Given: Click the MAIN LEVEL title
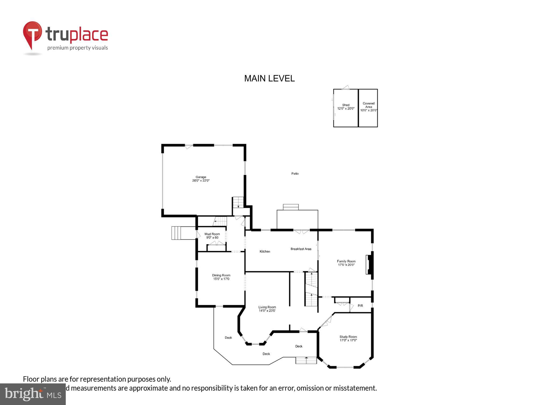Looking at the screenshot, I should pyautogui.click(x=269, y=79).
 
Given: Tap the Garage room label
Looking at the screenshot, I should pyautogui.click(x=201, y=179).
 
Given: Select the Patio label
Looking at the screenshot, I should pyautogui.click(x=295, y=174).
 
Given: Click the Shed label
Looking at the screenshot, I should pyautogui.click(x=346, y=107).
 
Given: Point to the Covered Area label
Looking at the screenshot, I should pyautogui.click(x=368, y=107).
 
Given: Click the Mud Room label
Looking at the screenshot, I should pyautogui.click(x=212, y=236).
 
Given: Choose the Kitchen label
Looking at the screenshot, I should pyautogui.click(x=265, y=251).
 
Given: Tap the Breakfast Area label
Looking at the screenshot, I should pyautogui.click(x=301, y=249).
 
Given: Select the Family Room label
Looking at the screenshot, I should pyautogui.click(x=346, y=263).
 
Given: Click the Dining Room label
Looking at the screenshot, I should pyautogui.click(x=221, y=277).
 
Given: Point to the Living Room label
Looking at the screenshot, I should pyautogui.click(x=267, y=309).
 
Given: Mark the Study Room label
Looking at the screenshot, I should pyautogui.click(x=348, y=338).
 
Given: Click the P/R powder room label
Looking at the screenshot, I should pyautogui.click(x=360, y=306).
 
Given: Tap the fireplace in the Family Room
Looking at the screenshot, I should pyautogui.click(x=369, y=265).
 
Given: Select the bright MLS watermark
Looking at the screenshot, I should pyautogui.click(x=33, y=394).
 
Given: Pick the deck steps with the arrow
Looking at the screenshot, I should pyautogui.click(x=306, y=360).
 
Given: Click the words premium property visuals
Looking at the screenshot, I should pyautogui.click(x=78, y=48).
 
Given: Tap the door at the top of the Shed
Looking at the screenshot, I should pyautogui.click(x=345, y=87).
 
